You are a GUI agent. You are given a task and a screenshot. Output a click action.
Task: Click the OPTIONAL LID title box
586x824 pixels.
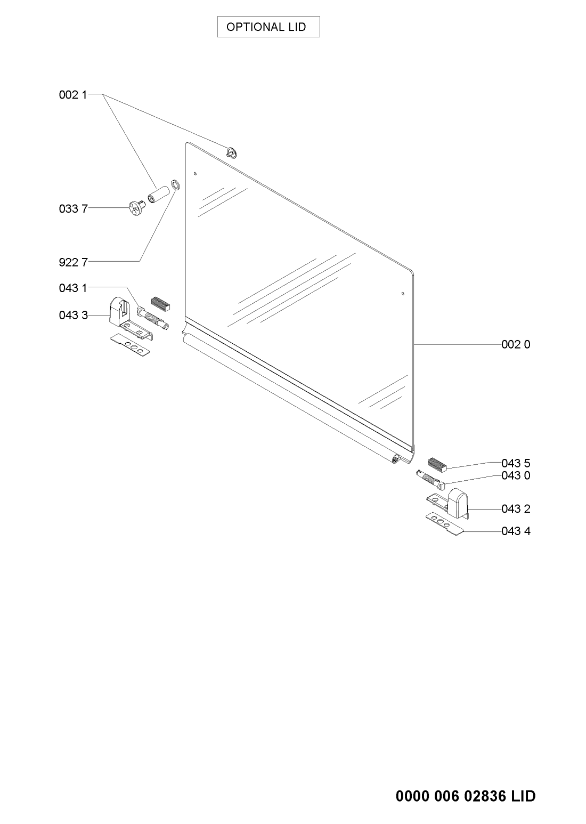(x=268, y=27)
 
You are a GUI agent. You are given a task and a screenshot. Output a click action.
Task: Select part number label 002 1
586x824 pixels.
(x=73, y=95)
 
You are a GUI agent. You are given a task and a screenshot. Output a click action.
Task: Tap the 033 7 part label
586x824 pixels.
(x=73, y=209)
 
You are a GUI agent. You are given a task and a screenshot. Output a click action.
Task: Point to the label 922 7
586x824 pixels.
(x=73, y=262)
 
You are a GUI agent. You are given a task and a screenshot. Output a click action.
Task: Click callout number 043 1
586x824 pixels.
(x=73, y=288)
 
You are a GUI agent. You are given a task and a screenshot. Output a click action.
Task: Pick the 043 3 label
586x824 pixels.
(x=73, y=315)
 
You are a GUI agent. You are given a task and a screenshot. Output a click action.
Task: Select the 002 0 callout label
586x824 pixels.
(x=516, y=344)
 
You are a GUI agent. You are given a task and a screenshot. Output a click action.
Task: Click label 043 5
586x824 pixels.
(x=516, y=463)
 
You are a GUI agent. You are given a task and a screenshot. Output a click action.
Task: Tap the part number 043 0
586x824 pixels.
(x=516, y=475)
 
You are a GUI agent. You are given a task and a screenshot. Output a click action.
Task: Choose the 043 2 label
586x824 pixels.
(x=516, y=509)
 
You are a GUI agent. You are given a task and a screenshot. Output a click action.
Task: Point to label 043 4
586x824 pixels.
(x=516, y=531)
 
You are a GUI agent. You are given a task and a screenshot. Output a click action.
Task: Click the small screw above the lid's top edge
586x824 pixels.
(x=232, y=152)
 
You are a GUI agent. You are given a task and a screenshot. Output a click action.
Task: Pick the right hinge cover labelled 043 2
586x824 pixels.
(x=458, y=502)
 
